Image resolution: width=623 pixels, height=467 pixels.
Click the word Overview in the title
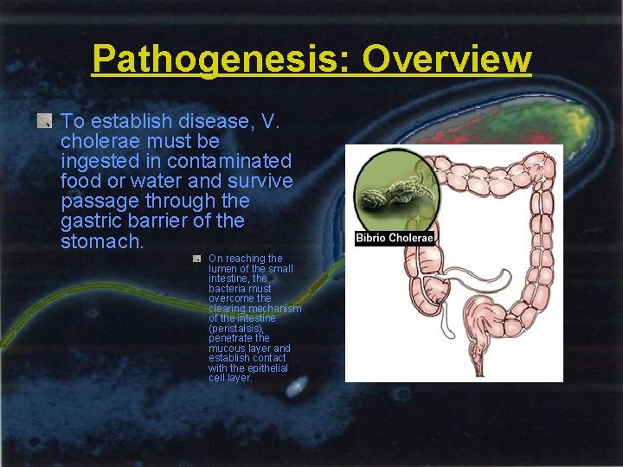[x=446, y=60]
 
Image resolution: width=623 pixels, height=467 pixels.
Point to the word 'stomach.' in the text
[x=102, y=241]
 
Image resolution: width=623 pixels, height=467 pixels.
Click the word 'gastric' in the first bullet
[x=91, y=221]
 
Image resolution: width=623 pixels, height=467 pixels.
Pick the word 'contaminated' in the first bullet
[x=229, y=161]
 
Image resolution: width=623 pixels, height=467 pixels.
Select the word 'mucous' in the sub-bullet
[x=228, y=349]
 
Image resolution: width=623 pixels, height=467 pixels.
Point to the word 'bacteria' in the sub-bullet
[x=228, y=289]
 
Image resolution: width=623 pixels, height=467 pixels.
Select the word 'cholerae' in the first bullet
[x=97, y=141]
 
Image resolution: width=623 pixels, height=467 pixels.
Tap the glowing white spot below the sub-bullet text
[x=295, y=388]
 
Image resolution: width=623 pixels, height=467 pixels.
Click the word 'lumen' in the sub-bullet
[x=223, y=269]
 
